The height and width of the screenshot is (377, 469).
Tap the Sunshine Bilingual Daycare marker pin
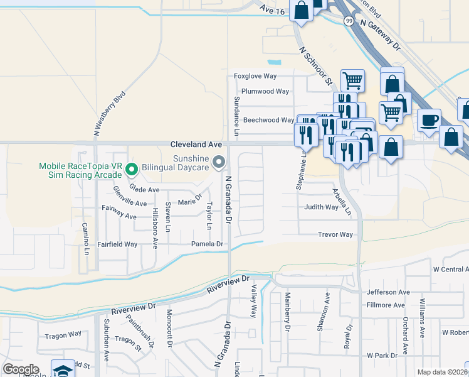tap(218, 163)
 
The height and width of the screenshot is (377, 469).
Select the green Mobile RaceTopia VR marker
tap(132, 168)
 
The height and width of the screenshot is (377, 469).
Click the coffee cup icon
tap(429, 120)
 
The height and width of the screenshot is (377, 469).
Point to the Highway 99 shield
tap(348, 21)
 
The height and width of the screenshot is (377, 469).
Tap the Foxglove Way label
tap(255, 76)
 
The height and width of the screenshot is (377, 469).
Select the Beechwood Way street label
tap(268, 119)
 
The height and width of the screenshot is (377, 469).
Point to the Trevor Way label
tap(335, 235)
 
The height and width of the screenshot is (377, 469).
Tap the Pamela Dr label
tap(208, 244)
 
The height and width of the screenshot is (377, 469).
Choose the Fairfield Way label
tap(117, 244)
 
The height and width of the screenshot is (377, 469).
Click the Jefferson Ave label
tap(387, 292)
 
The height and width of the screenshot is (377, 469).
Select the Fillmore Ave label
tap(386, 305)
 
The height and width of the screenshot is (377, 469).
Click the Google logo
tap(21, 369)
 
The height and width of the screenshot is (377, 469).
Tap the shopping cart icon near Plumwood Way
tap(352, 80)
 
